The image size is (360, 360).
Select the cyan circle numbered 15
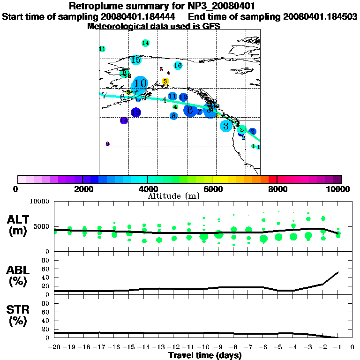point(136,60)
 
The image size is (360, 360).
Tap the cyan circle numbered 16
point(178,66)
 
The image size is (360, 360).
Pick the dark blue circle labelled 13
point(135,112)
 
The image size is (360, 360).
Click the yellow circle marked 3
point(165,82)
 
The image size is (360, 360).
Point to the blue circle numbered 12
point(183,97)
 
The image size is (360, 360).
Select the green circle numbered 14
point(145,43)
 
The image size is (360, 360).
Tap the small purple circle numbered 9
point(107,144)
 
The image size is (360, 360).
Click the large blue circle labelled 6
point(190,111)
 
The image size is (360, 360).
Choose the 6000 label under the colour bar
point(212,189)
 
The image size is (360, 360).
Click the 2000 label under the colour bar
point(82,189)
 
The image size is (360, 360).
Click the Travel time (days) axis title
point(205,355)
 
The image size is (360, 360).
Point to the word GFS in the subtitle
point(211,26)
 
